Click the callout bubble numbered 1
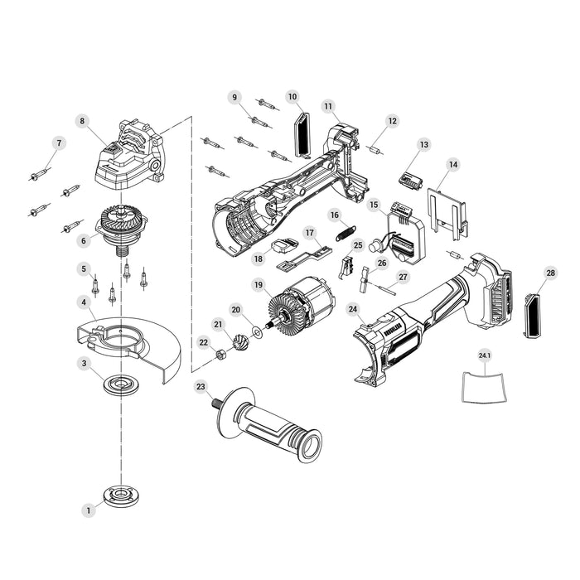point(89,510)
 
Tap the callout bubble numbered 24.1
point(485,356)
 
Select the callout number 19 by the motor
point(259,285)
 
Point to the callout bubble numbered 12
point(393,121)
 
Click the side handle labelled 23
point(266,424)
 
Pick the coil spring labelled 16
point(346,233)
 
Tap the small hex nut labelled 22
point(220,355)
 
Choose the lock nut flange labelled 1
point(118,495)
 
